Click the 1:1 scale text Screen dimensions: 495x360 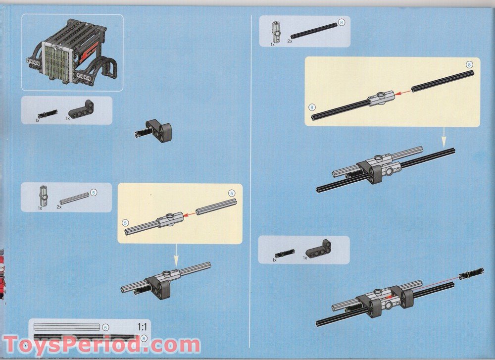tap(143, 326)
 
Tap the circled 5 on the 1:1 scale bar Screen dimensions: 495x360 tap(106, 328)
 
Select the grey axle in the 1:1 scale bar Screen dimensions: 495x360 tap(67, 327)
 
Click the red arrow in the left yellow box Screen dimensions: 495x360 tap(190, 214)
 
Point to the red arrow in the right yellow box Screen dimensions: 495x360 tap(403, 93)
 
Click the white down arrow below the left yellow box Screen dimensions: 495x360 tap(176, 256)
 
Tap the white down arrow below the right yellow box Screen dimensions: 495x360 tap(444, 137)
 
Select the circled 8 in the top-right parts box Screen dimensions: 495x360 tap(341, 22)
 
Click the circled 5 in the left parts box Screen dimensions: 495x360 tap(94, 192)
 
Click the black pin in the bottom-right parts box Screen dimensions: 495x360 tap(285, 254)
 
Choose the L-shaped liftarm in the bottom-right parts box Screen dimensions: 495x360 tap(319, 249)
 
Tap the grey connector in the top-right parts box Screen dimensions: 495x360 tap(276, 32)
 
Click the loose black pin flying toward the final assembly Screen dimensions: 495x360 tap(471, 273)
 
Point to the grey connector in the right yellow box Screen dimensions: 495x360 tap(382, 98)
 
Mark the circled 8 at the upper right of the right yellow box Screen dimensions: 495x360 tap(469, 65)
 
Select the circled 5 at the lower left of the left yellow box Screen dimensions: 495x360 tap(125, 223)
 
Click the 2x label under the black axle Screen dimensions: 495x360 tap(290, 41)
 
